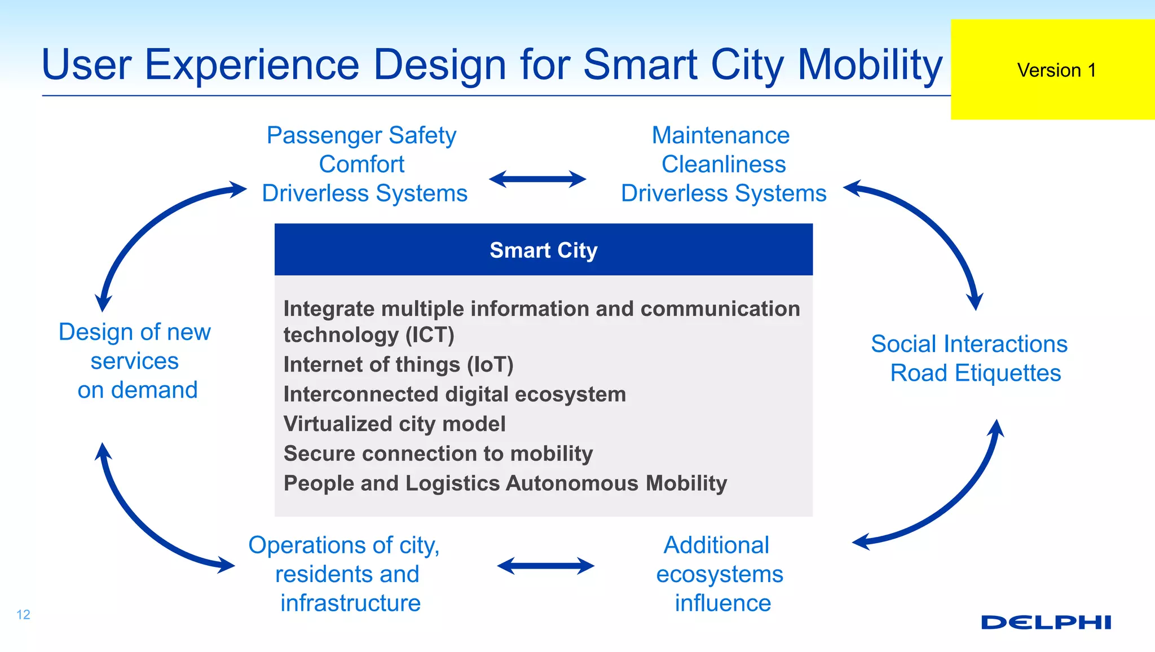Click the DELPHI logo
coord(1046,622)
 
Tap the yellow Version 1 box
coord(1052,70)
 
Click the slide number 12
coord(23,614)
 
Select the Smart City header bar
coord(543,250)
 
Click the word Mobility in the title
coord(869,65)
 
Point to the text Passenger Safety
coord(362,135)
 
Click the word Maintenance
coord(720,135)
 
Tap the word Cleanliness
coord(723,165)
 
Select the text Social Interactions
coord(968,344)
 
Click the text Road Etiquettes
coord(975,373)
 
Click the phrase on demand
coord(137,390)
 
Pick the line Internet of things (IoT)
coord(398,365)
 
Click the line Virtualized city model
coord(394,424)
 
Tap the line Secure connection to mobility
coord(438,453)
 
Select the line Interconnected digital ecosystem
coord(455,394)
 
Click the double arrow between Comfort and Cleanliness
coord(537,179)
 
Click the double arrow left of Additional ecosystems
coord(545,566)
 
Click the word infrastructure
coord(350,603)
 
